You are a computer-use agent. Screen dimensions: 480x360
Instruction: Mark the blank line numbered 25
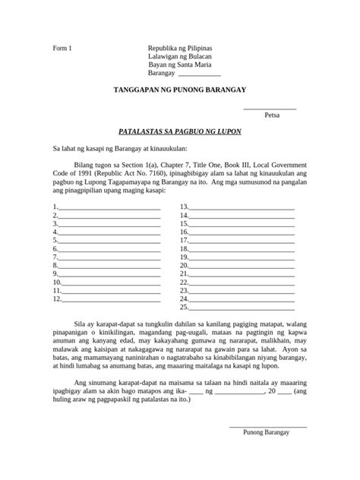(x=242, y=309)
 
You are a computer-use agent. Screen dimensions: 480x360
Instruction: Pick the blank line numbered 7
(x=109, y=257)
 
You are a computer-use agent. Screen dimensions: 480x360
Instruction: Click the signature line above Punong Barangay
(x=267, y=427)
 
